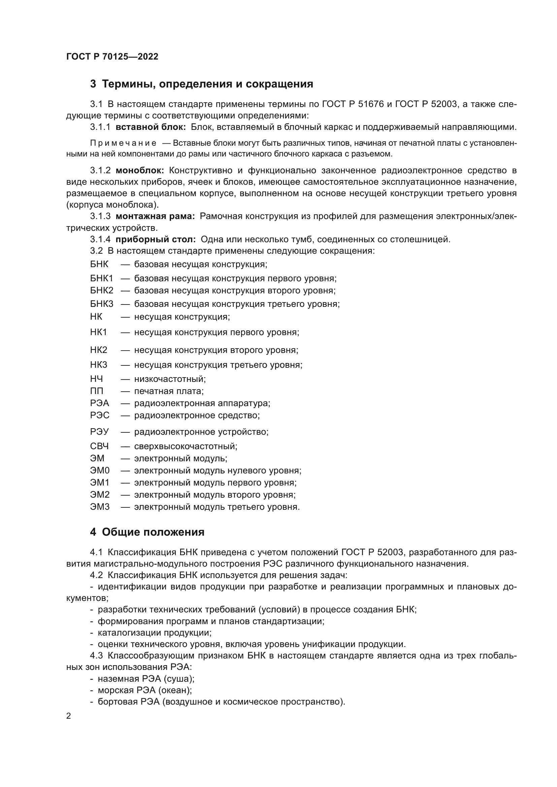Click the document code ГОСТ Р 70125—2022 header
click(x=112, y=57)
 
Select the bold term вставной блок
click(x=151, y=127)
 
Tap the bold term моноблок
click(x=140, y=170)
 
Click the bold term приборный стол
click(x=155, y=239)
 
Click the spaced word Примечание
click(x=123, y=143)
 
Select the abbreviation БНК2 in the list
click(x=101, y=290)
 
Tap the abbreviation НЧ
click(x=96, y=379)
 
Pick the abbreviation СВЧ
click(x=99, y=446)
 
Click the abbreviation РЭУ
click(x=99, y=432)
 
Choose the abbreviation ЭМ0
click(x=99, y=470)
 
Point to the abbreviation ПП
click(x=96, y=391)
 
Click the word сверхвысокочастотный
click(x=186, y=446)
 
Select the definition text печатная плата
click(x=169, y=391)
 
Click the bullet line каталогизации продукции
click(x=154, y=633)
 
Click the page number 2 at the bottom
click(x=69, y=716)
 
